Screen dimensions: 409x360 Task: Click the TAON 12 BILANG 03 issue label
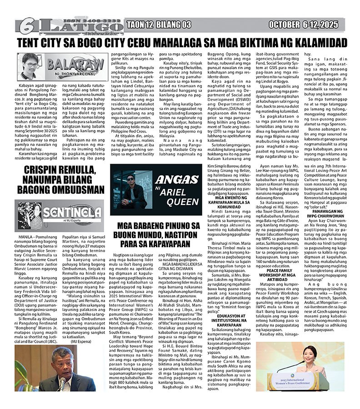[159, 25]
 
